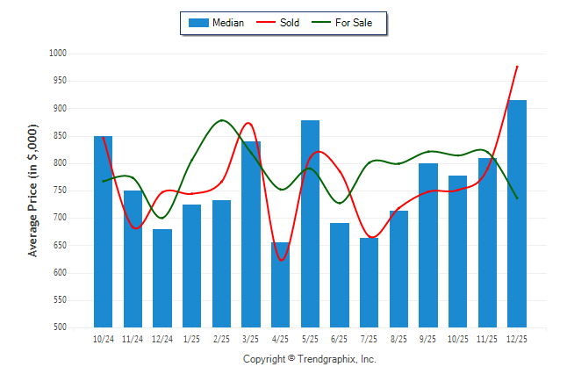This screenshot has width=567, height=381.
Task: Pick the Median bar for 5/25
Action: [310, 223]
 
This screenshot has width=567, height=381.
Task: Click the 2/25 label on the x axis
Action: [221, 338]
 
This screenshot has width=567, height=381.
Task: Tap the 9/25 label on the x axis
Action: [428, 338]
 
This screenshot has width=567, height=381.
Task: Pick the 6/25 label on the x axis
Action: [340, 338]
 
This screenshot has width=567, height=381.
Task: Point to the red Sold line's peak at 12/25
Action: [517, 66]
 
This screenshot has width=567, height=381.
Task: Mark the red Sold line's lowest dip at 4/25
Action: [281, 261]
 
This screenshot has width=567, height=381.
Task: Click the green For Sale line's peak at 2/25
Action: [221, 120]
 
